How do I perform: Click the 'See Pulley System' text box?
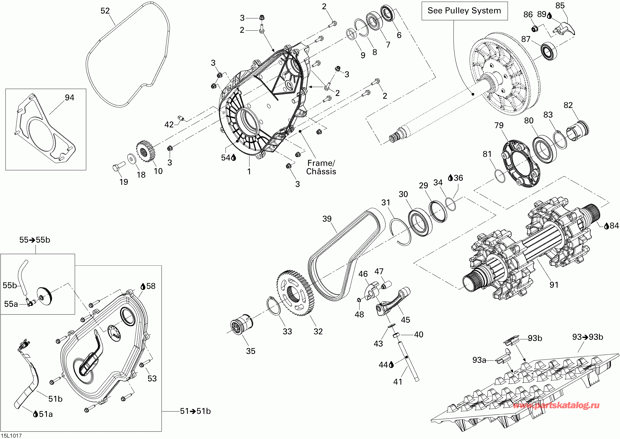point(464,11)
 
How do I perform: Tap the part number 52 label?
point(105,11)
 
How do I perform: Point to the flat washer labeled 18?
point(132,159)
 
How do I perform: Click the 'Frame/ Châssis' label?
point(321,167)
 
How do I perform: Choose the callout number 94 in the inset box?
point(69,98)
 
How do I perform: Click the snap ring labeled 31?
point(401,232)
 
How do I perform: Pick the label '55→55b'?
point(35,240)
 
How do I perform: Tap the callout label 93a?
point(479,360)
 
